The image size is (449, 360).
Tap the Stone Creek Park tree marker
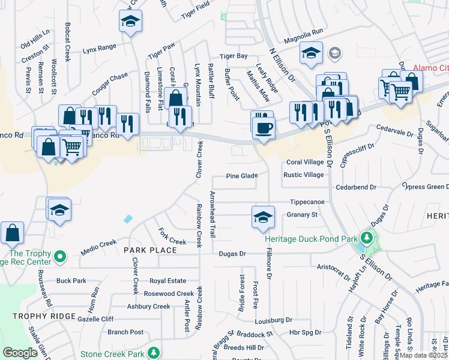click(x=154, y=352)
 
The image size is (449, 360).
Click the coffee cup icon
click(x=264, y=127)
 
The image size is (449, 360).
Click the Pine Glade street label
click(x=242, y=176)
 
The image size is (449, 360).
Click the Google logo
click(x=20, y=353)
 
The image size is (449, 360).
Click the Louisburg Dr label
click(x=273, y=320)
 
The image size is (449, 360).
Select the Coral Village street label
click(x=304, y=162)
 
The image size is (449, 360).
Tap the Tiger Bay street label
click(x=234, y=56)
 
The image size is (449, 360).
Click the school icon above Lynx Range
click(x=129, y=22)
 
